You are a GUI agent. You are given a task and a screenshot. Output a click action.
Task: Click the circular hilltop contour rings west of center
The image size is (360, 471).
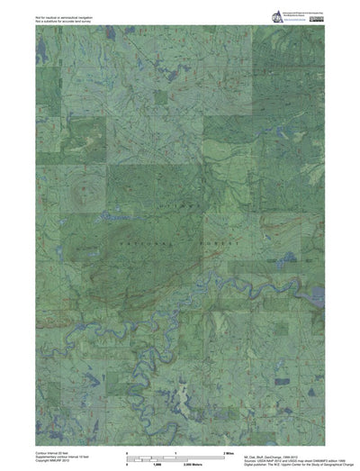pos(86,189)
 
